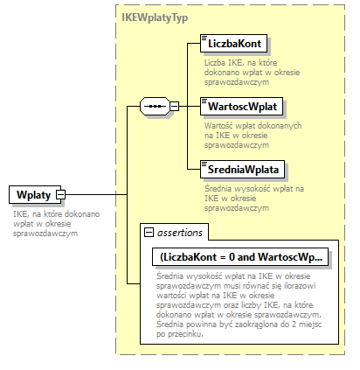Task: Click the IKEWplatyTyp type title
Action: click(x=154, y=17)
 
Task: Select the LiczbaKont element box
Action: click(x=234, y=43)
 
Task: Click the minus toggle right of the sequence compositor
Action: click(x=174, y=107)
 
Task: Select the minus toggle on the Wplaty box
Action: click(x=60, y=194)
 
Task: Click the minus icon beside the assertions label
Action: click(x=149, y=234)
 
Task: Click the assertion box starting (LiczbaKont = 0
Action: click(x=239, y=257)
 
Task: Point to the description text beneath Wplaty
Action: click(x=45, y=223)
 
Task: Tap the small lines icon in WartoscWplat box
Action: click(x=204, y=102)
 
